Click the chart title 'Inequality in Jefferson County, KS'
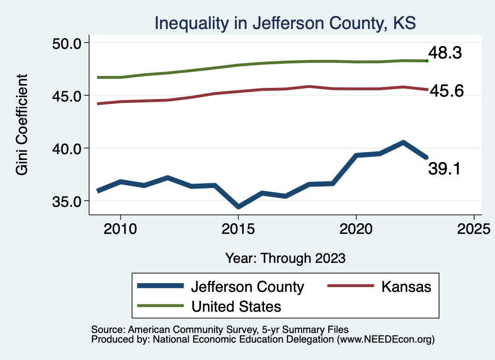tap(285, 23)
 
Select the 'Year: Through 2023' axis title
tap(285, 258)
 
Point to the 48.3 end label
tap(445, 53)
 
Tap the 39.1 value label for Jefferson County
tap(445, 169)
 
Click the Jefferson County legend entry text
tap(247, 287)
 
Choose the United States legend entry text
tap(236, 306)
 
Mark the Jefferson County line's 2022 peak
tap(403, 143)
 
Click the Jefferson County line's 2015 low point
tap(238, 207)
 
